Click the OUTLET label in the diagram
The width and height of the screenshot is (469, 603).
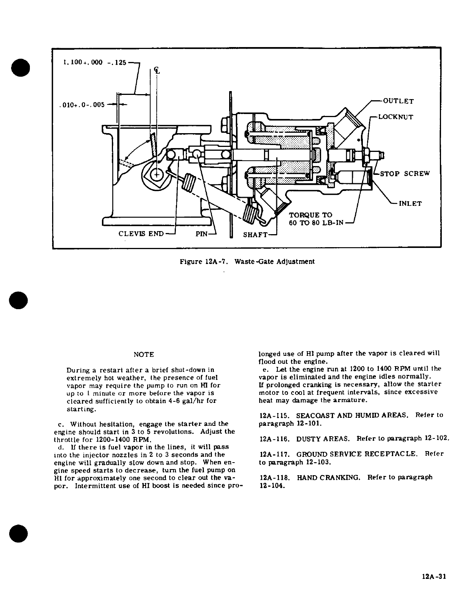point(398,101)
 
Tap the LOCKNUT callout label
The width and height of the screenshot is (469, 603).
point(395,117)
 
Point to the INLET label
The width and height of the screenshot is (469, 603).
point(410,204)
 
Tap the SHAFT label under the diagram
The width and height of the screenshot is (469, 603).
point(255,234)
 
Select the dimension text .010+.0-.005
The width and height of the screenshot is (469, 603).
point(82,105)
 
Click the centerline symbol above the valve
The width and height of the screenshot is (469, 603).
point(156,71)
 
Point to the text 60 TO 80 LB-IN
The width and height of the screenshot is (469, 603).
point(316,223)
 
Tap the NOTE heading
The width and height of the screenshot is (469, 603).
point(144,355)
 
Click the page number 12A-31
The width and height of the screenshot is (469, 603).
point(432,577)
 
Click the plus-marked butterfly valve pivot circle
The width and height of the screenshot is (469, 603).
point(157,174)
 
